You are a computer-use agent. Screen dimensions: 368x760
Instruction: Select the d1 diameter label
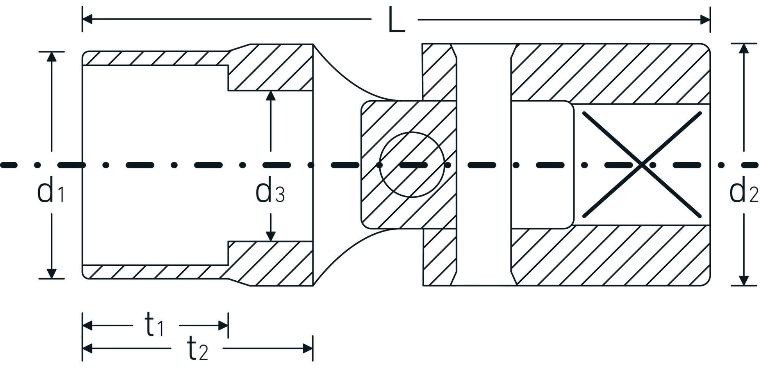coord(50,192)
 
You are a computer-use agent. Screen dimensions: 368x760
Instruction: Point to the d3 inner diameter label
coord(269,192)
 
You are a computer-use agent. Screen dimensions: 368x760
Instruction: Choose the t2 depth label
coord(197,349)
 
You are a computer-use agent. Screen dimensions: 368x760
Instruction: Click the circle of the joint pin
coord(412,165)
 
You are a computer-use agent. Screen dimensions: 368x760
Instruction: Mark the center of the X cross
coord(642,165)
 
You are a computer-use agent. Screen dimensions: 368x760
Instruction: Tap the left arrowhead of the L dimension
coord(87,19)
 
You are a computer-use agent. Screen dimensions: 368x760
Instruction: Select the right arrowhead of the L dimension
coord(705,19)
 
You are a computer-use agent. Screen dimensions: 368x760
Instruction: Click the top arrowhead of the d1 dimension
coord(52,56)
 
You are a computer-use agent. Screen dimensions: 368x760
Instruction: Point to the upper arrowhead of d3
coord(270,96)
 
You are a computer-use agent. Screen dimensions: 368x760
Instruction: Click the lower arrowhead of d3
coord(270,236)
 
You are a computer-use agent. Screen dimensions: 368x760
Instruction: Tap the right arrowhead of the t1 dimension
coord(223,325)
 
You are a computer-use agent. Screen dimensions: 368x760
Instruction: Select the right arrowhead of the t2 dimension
coord(308,348)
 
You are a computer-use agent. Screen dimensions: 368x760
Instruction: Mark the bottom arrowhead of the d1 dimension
coord(52,274)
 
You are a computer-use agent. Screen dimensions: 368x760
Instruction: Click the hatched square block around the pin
coord(375,117)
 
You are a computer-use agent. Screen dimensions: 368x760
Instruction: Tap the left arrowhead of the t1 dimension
coord(87,325)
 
